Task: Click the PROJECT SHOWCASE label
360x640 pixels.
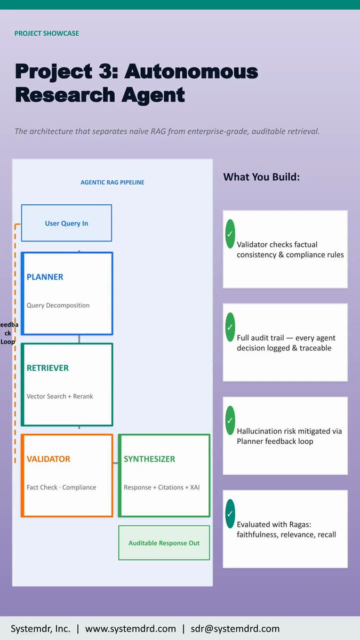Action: coord(47,34)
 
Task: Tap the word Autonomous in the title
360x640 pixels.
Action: coord(191,71)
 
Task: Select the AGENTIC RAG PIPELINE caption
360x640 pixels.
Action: coord(113,182)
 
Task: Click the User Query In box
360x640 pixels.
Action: coord(67,223)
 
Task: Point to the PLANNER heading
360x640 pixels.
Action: coord(45,277)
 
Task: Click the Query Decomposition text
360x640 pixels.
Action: coord(58,305)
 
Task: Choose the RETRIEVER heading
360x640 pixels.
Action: coord(47,368)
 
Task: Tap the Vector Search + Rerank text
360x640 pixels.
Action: coord(60,396)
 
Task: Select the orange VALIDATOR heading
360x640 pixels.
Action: coord(49,459)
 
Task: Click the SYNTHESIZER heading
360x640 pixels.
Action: coord(149,459)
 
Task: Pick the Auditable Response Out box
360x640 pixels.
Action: coord(164,542)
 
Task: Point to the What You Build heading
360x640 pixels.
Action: coord(261,177)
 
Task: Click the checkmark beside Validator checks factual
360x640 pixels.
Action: coord(230,234)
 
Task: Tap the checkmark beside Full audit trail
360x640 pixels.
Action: coord(230,327)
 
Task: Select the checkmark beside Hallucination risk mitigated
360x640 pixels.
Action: coord(230,420)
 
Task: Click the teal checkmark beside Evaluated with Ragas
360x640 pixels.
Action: coord(230,514)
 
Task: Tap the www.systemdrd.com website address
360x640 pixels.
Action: coord(130,629)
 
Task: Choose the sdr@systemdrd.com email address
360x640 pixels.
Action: coord(235,629)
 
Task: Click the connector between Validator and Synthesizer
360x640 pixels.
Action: coord(116,463)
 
